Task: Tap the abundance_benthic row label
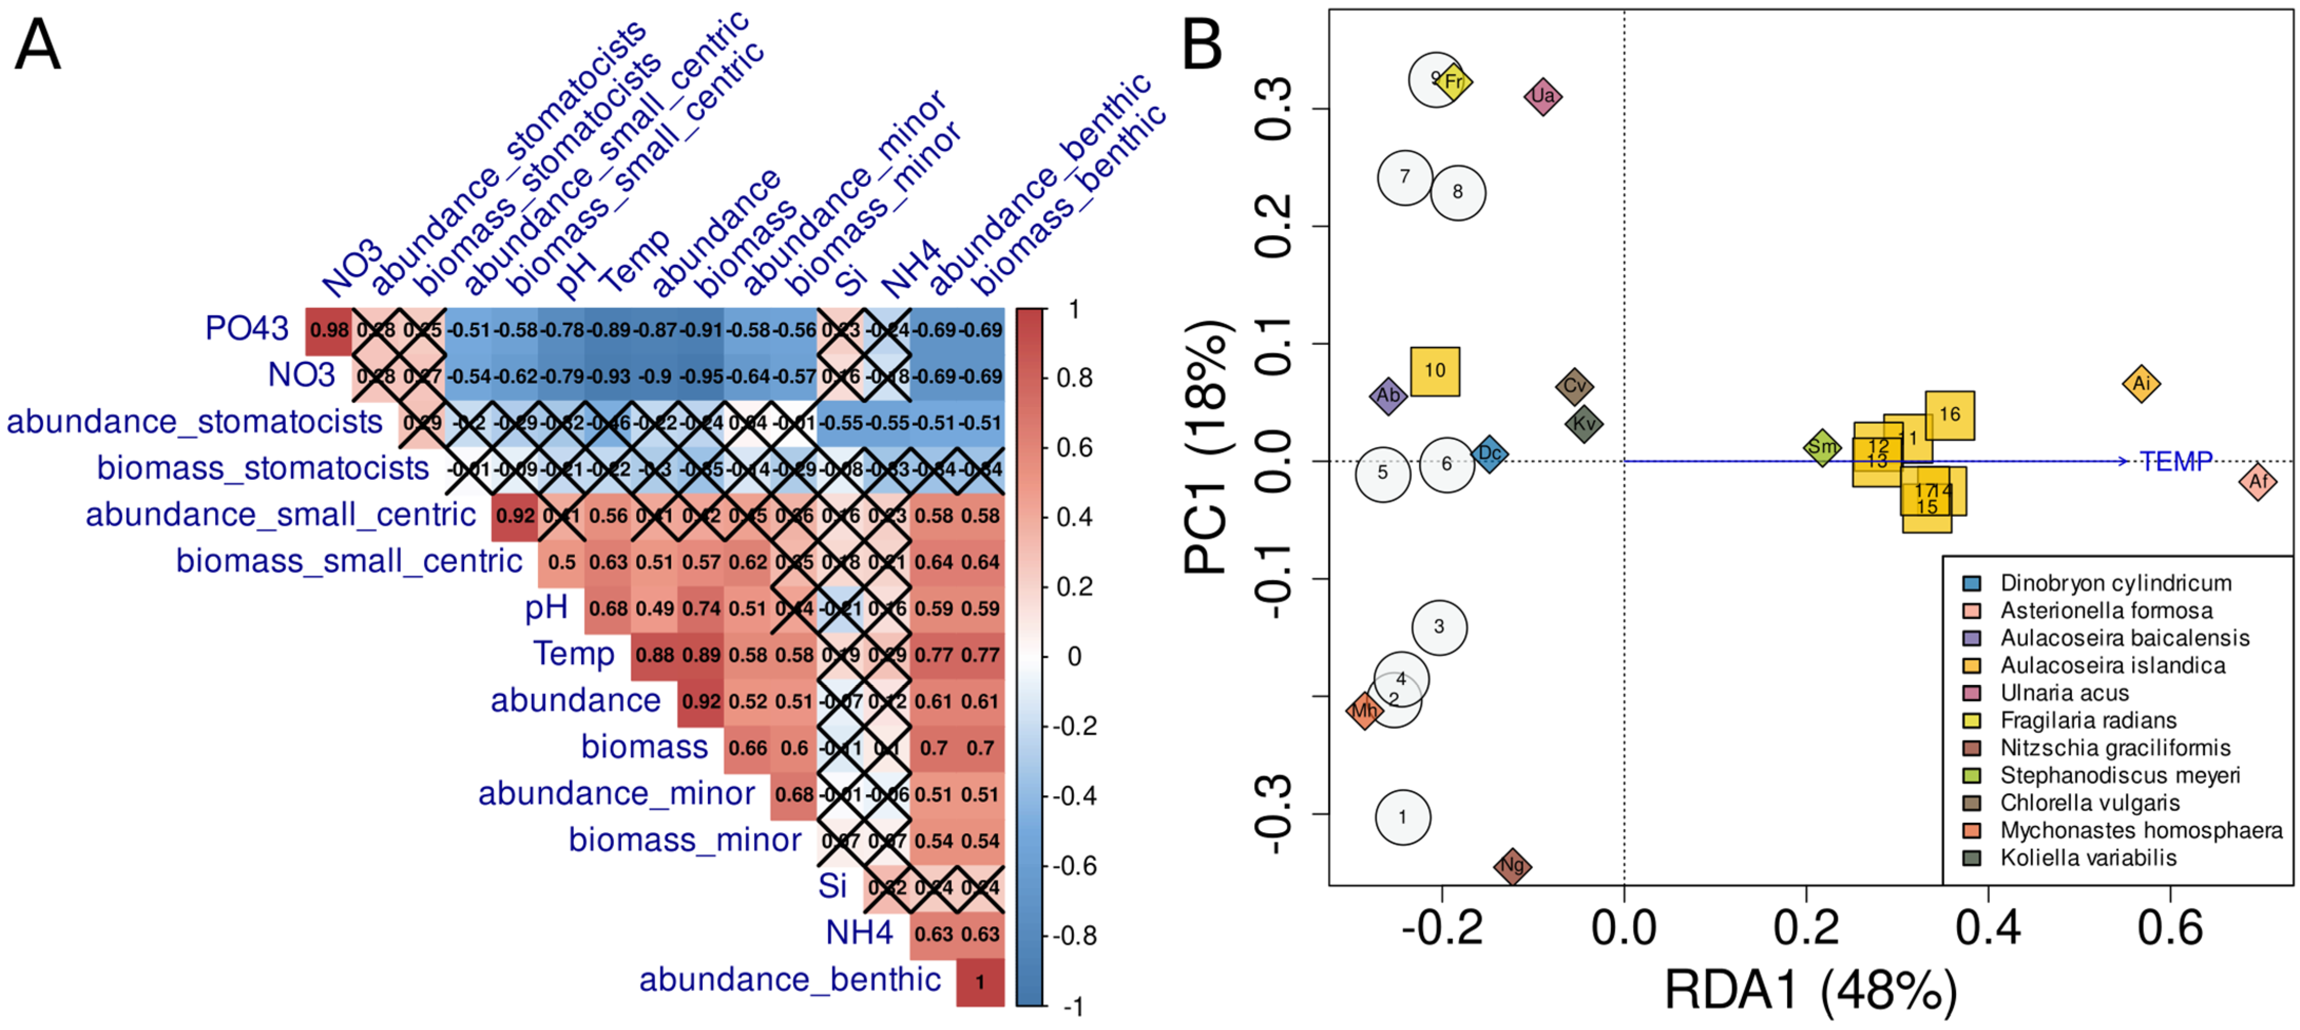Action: tap(789, 979)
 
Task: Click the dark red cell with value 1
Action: tap(980, 982)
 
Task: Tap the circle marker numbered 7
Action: tap(1404, 177)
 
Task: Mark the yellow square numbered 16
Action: tap(1949, 414)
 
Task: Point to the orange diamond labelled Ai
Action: tap(2140, 384)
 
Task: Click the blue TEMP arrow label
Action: tap(2177, 461)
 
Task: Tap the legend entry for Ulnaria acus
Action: tap(2063, 692)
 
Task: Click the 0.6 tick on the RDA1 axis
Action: tap(2170, 928)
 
